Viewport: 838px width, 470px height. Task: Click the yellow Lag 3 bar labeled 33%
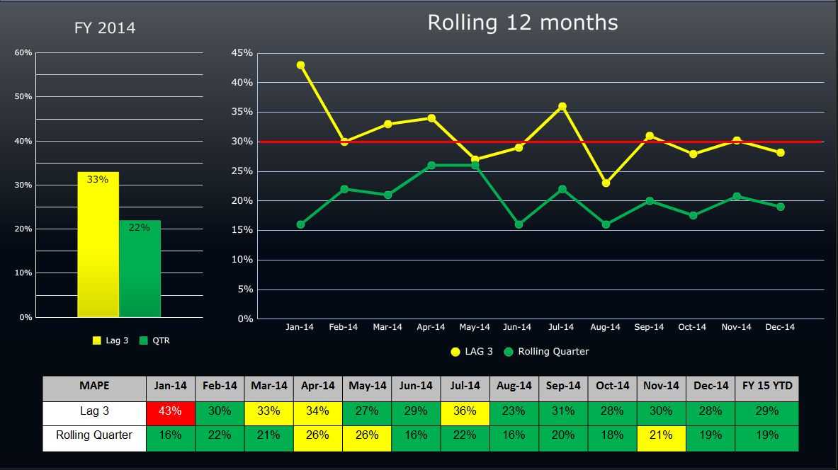[98, 244]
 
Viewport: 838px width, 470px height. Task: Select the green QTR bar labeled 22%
[140, 269]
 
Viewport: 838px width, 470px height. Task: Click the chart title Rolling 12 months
[522, 23]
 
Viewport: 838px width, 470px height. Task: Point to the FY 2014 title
[105, 28]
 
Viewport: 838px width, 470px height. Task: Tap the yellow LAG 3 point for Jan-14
[300, 65]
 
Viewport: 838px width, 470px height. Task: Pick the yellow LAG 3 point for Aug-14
[606, 183]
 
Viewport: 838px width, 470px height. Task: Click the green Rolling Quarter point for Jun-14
[519, 224]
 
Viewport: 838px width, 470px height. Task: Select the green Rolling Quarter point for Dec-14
[780, 207]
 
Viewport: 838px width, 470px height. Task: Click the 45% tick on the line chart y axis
[242, 53]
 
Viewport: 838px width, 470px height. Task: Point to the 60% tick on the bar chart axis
[23, 52]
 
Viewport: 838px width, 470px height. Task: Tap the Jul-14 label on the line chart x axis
[561, 327]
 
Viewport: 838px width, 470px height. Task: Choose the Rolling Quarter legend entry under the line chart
[547, 352]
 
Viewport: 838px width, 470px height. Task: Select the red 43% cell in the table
[171, 411]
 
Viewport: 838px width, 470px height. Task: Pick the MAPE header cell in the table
[94, 386]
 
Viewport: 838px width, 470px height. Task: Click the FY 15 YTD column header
[766, 386]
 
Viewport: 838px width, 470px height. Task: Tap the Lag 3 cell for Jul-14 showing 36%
[465, 411]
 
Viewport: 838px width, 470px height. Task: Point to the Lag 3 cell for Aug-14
[514, 411]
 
